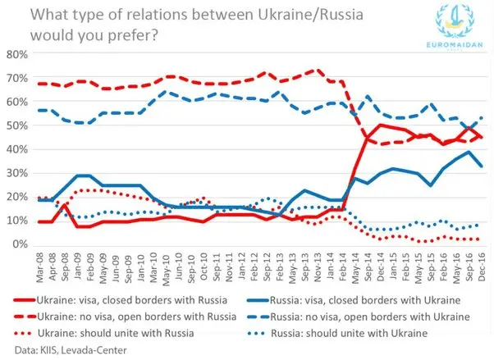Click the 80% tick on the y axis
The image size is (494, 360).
[16, 55]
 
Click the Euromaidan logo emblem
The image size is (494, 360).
[450, 25]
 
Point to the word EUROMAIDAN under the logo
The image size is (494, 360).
[450, 49]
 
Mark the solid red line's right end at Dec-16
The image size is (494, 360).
[480, 137]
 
